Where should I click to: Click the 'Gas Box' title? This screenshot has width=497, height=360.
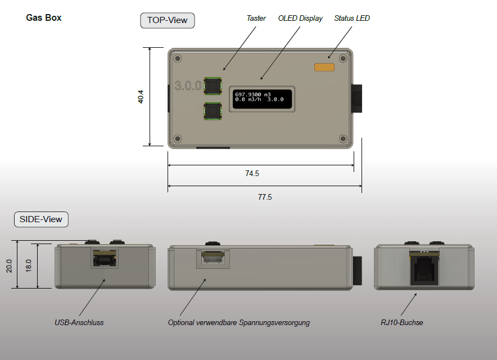44,17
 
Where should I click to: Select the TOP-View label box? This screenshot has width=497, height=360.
167,21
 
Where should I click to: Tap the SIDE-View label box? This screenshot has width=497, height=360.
41,219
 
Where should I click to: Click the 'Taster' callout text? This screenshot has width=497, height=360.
256,18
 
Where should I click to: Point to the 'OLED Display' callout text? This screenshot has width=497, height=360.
300,18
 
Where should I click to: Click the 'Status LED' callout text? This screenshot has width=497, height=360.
352,18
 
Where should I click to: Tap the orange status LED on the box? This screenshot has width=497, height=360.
324,67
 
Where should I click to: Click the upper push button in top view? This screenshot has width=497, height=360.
212,86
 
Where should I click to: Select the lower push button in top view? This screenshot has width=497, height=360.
212,112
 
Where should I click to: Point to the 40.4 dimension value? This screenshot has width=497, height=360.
141,97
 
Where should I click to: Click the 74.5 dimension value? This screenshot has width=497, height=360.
252,174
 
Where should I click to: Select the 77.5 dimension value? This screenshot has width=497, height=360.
265,197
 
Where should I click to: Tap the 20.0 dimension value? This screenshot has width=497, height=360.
10,265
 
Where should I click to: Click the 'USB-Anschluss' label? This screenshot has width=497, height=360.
79,323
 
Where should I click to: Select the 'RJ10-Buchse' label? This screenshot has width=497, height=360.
401,323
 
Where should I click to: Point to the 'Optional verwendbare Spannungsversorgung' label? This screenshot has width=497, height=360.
239,323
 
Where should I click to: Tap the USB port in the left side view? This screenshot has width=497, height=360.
104,259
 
